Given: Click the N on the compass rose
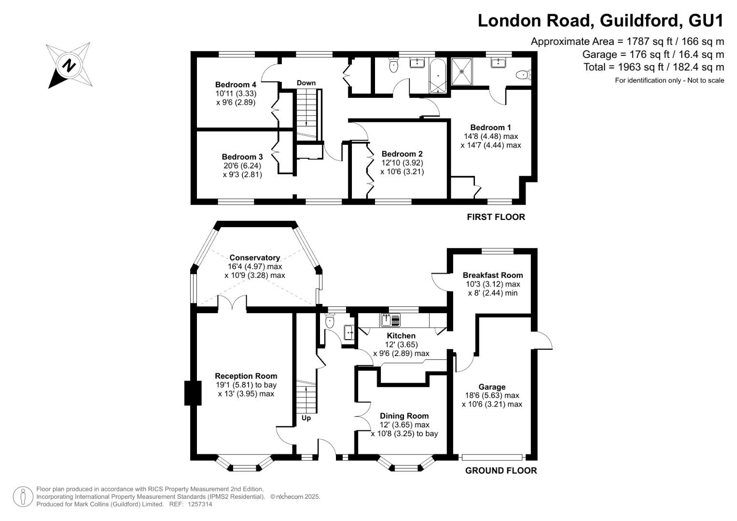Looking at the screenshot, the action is pos(69,66).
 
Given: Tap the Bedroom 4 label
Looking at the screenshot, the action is pos(236,84).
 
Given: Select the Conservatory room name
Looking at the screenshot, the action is pos(255,258).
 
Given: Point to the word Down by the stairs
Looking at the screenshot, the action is pos(306,83).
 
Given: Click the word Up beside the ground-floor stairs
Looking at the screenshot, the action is pos(306,418).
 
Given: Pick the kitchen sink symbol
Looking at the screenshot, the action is pos(390,320).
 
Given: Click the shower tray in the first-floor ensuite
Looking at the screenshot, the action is pos(461,71).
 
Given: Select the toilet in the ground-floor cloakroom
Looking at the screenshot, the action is pos(329,321).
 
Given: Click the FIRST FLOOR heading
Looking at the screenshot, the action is pos(496,217).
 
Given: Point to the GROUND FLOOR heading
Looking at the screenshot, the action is pos(501,471).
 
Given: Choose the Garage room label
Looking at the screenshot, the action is pos(492,387).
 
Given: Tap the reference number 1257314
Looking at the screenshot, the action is pos(200,504).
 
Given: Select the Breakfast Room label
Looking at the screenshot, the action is pos(492,275).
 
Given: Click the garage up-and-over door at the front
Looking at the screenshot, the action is pos(492,457).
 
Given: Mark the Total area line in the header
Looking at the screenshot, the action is pos(654,67).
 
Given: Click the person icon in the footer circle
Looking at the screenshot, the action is pos(23,497).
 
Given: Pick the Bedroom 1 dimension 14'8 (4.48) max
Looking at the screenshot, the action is pos(491,136).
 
